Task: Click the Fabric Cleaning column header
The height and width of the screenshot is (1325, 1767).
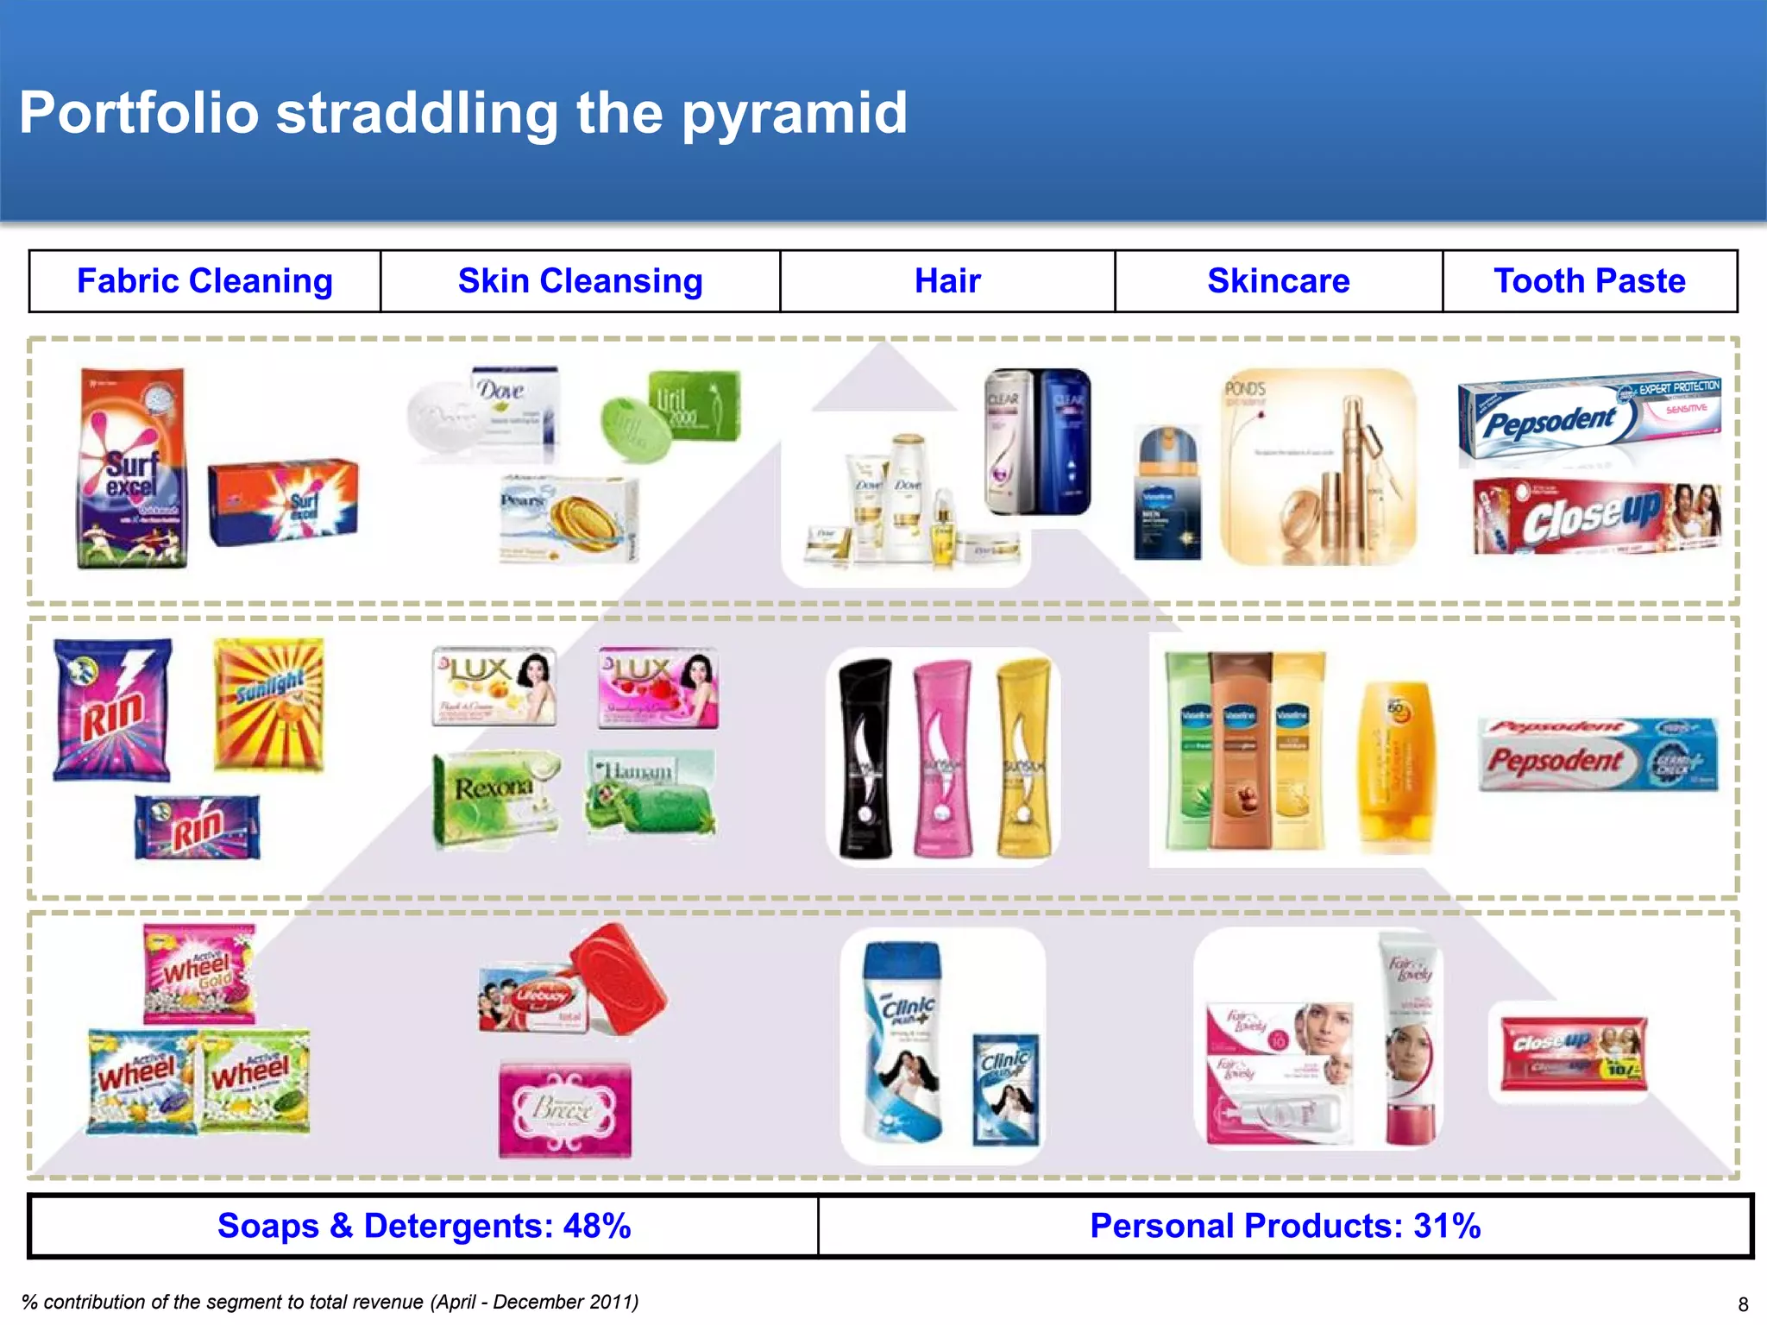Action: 204,281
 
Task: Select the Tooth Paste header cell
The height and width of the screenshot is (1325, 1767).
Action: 1589,281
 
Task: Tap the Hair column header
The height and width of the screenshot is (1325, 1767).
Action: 947,281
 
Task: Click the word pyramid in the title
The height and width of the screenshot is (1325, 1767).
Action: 795,114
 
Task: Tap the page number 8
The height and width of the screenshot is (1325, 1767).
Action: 1743,1304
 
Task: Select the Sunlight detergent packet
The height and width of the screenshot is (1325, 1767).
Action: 269,704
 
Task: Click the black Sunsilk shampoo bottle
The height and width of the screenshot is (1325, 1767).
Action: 865,759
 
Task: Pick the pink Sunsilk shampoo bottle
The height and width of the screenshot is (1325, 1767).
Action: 943,759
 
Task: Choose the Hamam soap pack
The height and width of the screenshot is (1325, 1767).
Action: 651,792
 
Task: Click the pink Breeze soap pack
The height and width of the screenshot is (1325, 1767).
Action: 565,1110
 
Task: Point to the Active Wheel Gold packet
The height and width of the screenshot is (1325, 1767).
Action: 199,973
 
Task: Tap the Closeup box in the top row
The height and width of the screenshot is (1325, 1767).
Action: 1596,516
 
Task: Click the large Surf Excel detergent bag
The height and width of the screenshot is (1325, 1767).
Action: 132,469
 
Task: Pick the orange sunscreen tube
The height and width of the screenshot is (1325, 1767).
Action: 1395,765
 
